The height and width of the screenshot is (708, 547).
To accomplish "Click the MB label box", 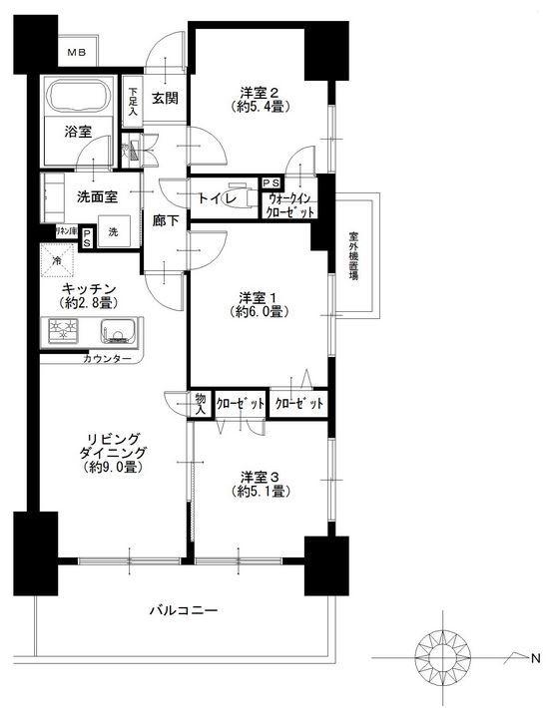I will click(77, 52).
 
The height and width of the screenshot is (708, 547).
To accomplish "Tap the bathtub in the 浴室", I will click(80, 98).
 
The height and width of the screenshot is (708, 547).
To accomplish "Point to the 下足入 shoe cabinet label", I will click(134, 102).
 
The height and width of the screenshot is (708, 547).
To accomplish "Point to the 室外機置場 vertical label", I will click(353, 257).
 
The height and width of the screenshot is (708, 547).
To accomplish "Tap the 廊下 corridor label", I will click(166, 221).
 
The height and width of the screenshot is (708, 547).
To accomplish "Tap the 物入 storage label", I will click(200, 403).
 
